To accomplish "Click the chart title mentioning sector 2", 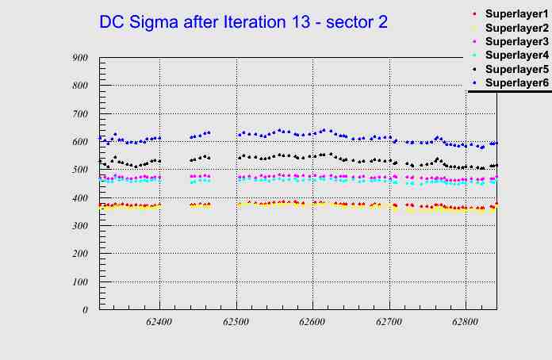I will [243, 22].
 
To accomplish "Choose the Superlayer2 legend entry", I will [516, 28].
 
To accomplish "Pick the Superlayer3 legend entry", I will [516, 41].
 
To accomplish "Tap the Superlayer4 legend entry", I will [516, 55].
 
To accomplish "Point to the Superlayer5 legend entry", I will [516, 69].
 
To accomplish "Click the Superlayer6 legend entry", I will [516, 82].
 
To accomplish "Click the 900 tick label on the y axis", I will [79, 58].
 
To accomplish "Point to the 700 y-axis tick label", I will [79, 114].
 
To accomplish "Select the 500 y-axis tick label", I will [79, 170].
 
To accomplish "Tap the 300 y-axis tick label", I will [79, 226].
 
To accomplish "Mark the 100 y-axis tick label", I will [79, 282].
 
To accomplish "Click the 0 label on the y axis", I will [84, 310].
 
